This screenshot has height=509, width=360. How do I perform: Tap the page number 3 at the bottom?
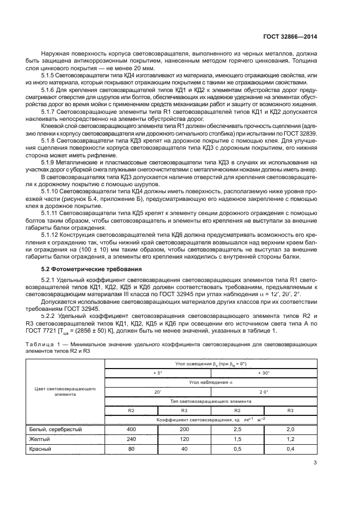tap(315, 464)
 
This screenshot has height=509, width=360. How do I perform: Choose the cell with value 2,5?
tap(237, 430)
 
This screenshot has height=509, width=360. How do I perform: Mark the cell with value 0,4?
tap(290, 449)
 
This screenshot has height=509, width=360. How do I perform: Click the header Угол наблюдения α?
tap(211, 382)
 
